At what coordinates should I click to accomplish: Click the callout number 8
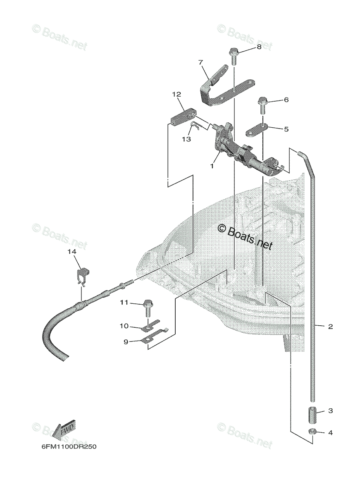pyautogui.click(x=259, y=47)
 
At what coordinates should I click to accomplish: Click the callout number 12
pyautogui.click(x=176, y=95)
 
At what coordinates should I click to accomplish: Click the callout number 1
pyautogui.click(x=212, y=166)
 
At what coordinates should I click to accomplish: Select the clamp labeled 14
pyautogui.click(x=84, y=276)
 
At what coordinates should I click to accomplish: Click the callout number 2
pyautogui.click(x=330, y=327)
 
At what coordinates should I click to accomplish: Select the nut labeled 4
pyautogui.click(x=313, y=432)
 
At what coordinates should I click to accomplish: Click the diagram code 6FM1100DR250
pyautogui.click(x=68, y=447)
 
